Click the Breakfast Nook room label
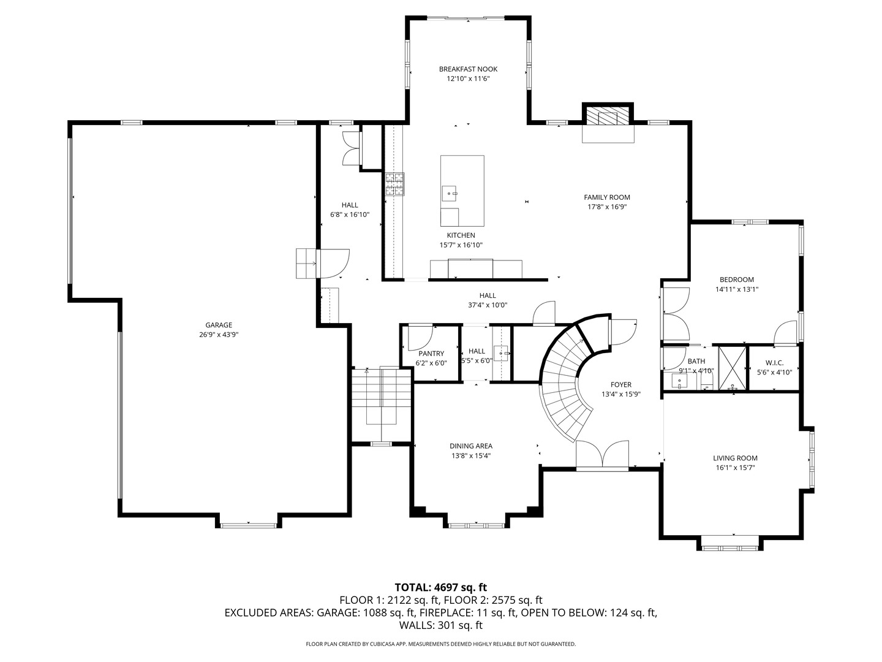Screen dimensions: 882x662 click(468, 69)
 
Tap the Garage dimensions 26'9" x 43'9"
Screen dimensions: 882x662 click(219, 335)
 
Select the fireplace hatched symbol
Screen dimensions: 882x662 click(608, 117)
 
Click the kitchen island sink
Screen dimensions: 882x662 click(450, 193)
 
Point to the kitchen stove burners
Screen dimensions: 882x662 click(394, 184)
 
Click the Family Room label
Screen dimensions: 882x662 click(607, 197)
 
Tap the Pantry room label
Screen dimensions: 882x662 click(431, 354)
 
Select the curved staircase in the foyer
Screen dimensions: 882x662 click(567, 382)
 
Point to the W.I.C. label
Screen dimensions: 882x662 click(774, 363)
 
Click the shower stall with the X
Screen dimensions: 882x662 click(732, 367)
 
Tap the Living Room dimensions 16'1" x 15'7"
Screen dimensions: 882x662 click(736, 468)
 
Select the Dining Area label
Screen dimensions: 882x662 click(471, 446)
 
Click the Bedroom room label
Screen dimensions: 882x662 click(737, 280)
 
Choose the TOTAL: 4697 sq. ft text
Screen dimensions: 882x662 click(441, 587)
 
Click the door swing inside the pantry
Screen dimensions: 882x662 click(420, 338)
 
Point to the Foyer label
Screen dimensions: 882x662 click(621, 385)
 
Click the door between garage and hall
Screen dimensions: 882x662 click(334, 264)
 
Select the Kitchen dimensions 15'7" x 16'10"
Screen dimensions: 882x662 click(461, 245)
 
